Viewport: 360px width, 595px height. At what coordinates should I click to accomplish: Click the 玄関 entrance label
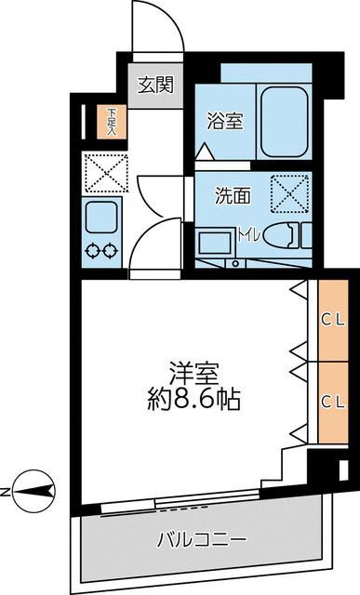[155, 86]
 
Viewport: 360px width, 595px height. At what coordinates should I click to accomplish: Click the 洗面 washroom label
[233, 195]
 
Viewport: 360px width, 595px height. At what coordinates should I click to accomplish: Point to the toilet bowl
[283, 236]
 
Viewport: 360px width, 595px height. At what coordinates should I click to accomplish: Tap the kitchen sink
[99, 218]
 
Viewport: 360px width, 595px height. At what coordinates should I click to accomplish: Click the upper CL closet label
[333, 319]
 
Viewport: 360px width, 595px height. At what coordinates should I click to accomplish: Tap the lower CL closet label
[333, 402]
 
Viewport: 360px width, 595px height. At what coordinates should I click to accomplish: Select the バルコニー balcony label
[201, 539]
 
